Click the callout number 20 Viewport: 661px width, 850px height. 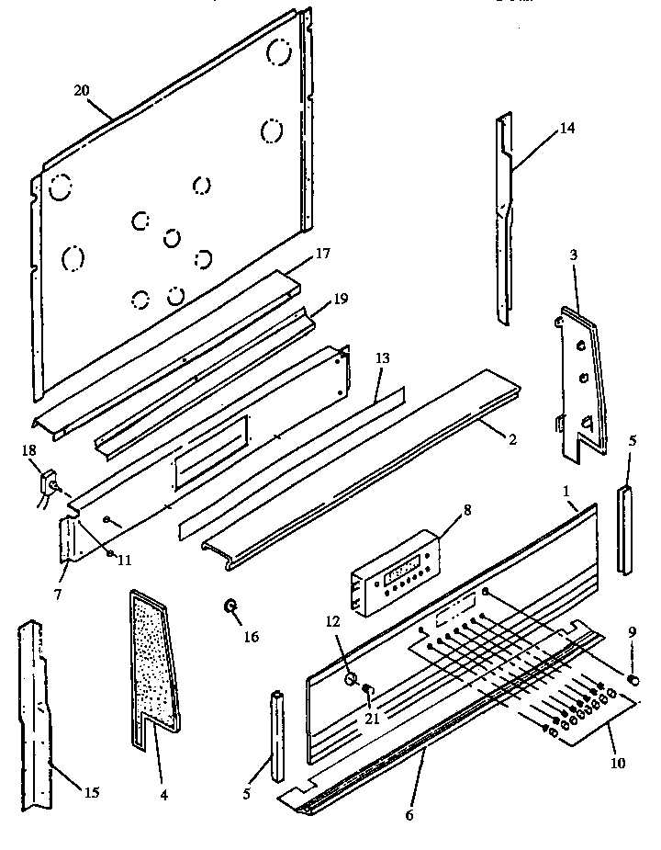coord(81,90)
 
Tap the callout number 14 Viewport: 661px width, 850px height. coord(566,129)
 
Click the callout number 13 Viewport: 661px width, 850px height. coord(383,358)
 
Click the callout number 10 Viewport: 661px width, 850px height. coord(618,763)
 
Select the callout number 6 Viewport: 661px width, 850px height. coord(409,815)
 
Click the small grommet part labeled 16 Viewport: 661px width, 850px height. coord(230,605)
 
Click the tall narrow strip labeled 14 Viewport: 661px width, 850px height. coord(504,221)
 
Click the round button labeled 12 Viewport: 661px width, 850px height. coord(350,679)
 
